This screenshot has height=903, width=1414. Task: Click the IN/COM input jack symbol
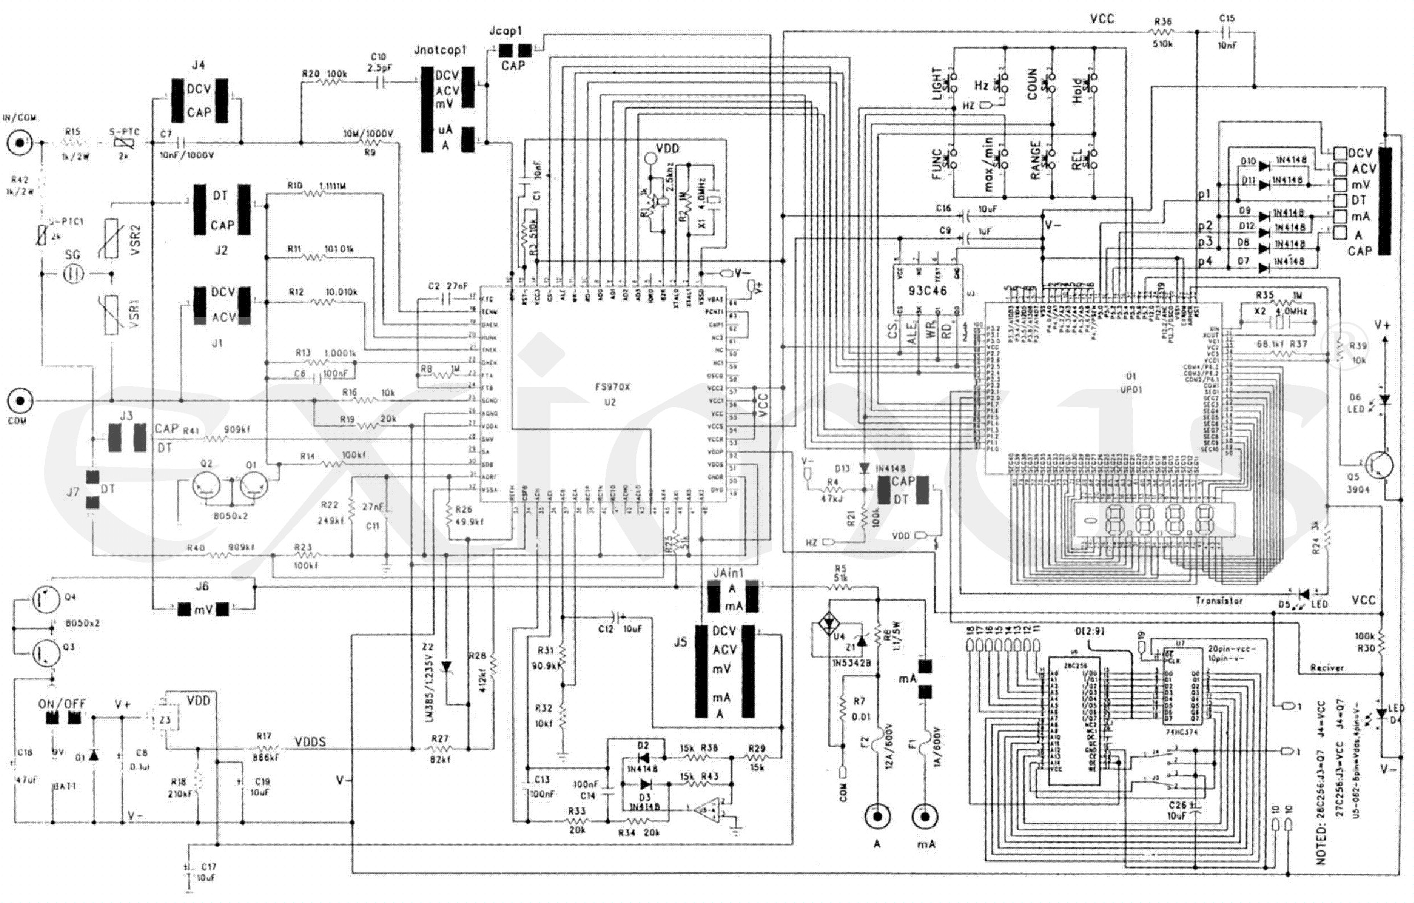coord(20,142)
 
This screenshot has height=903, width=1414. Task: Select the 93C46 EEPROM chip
coord(927,290)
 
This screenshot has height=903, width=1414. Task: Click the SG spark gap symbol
coord(73,274)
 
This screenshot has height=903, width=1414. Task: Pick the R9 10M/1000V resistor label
coord(369,134)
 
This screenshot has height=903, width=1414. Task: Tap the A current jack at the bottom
coord(877,816)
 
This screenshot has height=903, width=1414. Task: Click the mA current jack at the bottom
coord(924,816)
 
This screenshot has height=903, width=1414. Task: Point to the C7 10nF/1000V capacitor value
coord(186,155)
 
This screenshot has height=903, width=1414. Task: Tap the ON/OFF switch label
coord(61,704)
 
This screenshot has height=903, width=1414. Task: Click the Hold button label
coord(1077,91)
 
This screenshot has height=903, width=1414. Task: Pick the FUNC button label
coord(936,165)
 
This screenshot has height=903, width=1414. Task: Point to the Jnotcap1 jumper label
coord(440,50)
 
